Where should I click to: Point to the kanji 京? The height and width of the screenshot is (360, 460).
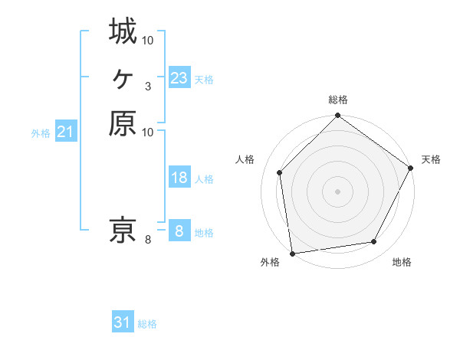click(x=123, y=229)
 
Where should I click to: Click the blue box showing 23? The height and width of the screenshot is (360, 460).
click(x=179, y=77)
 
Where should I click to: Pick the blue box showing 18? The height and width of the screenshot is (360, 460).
click(x=179, y=178)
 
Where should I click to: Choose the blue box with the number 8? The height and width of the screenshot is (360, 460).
click(x=179, y=231)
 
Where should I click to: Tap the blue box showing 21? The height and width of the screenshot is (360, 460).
click(x=66, y=132)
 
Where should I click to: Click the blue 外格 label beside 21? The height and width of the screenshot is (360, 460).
click(x=41, y=133)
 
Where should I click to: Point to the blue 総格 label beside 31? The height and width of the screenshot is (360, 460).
click(x=147, y=324)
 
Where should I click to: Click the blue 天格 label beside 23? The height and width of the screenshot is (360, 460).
click(x=204, y=79)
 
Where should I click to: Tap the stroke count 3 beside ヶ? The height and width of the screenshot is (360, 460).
click(x=147, y=86)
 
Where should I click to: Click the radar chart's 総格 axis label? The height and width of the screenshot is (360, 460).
click(x=337, y=100)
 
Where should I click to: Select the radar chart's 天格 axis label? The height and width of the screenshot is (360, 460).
click(x=431, y=159)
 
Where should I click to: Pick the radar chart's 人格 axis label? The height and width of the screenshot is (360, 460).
click(x=245, y=159)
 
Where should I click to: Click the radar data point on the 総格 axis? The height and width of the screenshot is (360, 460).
click(x=337, y=117)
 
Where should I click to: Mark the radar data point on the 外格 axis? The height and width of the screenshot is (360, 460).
click(x=292, y=253)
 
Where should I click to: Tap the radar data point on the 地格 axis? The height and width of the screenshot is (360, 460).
click(x=374, y=242)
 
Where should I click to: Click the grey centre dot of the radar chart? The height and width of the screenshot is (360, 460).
click(x=337, y=191)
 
